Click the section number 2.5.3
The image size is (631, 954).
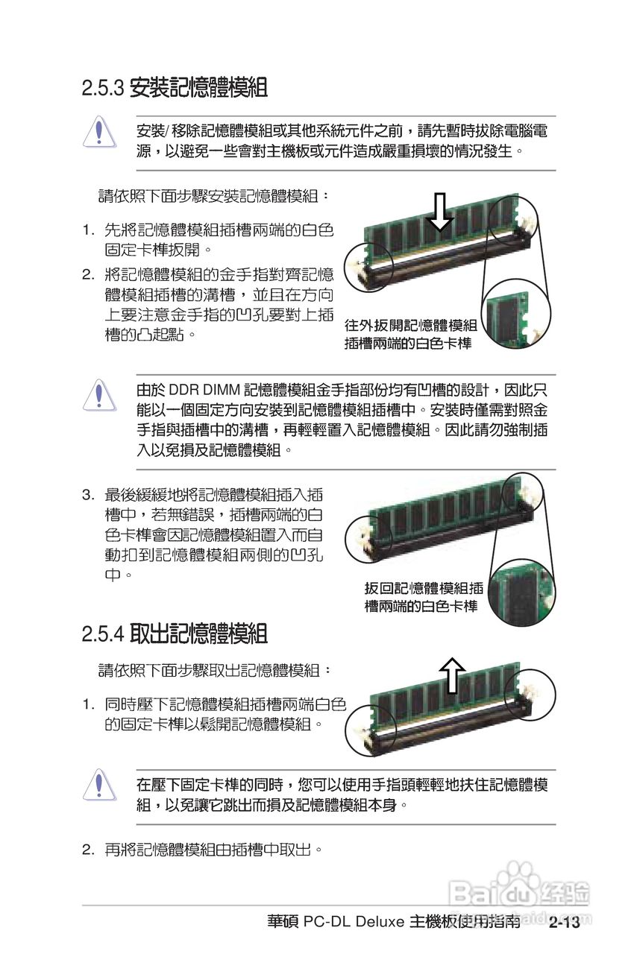pos(102,89)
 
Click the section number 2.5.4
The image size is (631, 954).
pos(102,635)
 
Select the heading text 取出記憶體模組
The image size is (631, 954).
pos(198,634)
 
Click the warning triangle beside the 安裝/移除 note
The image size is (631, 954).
pos(98,133)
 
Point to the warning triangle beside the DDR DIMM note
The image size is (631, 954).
pos(98,395)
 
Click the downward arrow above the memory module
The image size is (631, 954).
pos(441,212)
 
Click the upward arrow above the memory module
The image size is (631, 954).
pos(452,675)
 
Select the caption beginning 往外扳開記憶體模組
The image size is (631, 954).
pos(410,334)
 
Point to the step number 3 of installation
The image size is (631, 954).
pos(87,494)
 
